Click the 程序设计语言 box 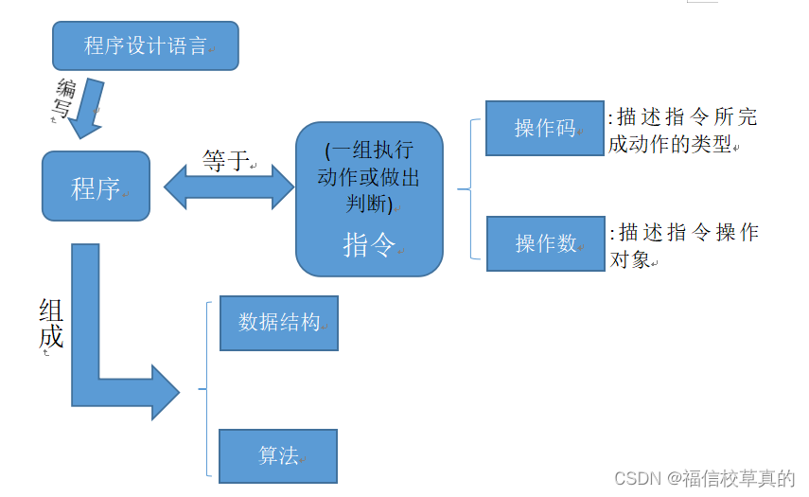[x=145, y=45]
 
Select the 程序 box [x=96, y=186]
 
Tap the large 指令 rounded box [x=369, y=199]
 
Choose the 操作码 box [x=544, y=128]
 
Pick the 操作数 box [x=545, y=243]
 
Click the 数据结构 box [x=278, y=323]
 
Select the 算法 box [x=278, y=456]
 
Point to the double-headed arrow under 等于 [x=230, y=186]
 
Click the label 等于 [x=225, y=161]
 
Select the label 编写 [x=63, y=99]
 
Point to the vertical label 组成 [x=51, y=324]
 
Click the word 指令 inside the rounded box [x=369, y=245]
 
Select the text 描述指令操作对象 [x=683, y=245]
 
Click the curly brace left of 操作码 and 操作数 [x=466, y=188]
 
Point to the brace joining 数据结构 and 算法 [x=204, y=388]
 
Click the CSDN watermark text [x=704, y=478]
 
